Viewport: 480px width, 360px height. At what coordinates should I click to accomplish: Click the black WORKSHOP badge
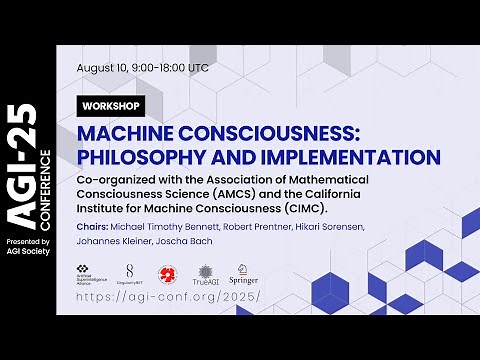pyautogui.click(x=113, y=105)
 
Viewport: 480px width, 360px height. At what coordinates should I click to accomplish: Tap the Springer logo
pyautogui.click(x=244, y=274)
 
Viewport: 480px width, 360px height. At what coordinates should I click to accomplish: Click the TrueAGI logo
pyautogui.click(x=205, y=275)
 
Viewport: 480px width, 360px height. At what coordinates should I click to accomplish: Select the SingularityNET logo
pyautogui.click(x=130, y=275)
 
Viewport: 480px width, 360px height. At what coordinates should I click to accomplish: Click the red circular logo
pyautogui.click(x=167, y=273)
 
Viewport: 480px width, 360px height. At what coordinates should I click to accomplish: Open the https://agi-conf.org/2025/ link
pyautogui.click(x=167, y=297)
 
